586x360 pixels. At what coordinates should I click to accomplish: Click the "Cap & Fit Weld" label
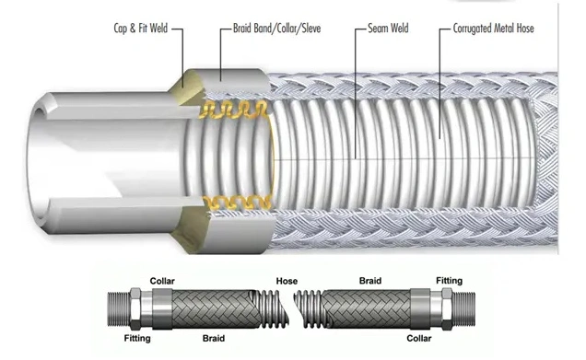(x=141, y=29)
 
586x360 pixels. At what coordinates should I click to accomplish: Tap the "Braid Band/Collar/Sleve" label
(x=277, y=29)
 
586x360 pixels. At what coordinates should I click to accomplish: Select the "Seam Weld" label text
(x=388, y=29)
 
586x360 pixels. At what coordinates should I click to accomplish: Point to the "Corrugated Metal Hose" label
(x=493, y=29)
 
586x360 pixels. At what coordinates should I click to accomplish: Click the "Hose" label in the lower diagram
(x=287, y=281)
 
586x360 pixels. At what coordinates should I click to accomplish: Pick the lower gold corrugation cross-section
(x=236, y=203)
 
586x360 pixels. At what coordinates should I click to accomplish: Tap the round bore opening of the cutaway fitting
(x=38, y=109)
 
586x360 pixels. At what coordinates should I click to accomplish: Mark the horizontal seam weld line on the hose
(x=404, y=159)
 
